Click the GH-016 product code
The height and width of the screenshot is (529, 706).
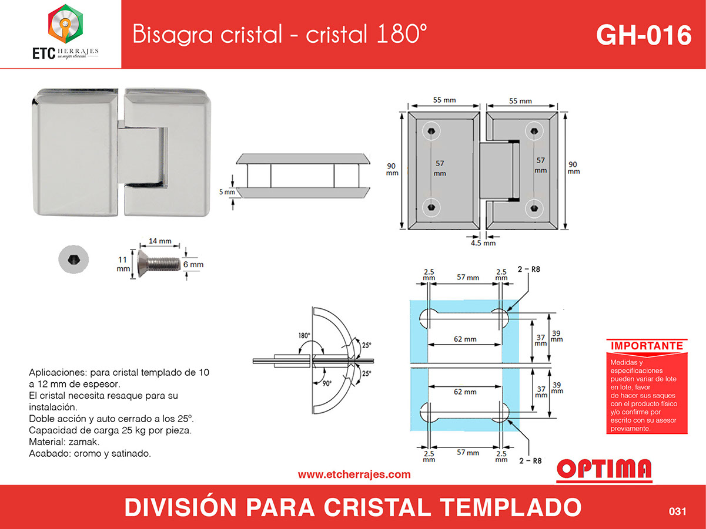tap(644, 35)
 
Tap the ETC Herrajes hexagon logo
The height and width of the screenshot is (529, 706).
tap(66, 23)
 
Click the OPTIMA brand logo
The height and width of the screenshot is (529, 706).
tap(604, 470)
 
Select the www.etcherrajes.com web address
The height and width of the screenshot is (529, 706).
tap(354, 474)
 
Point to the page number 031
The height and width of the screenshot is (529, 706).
tap(677, 511)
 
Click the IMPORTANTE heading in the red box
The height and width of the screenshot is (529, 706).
tap(647, 346)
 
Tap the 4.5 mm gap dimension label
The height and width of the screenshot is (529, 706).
tap(483, 243)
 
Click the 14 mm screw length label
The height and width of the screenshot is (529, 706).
tap(160, 241)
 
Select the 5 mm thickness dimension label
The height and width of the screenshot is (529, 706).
tap(227, 192)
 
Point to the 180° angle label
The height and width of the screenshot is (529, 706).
tap(304, 336)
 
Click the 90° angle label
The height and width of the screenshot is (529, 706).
tap(327, 383)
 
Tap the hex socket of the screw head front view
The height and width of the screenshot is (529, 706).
tap(73, 260)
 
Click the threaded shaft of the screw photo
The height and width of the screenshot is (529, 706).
tap(165, 264)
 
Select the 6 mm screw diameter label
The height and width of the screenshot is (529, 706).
tap(193, 264)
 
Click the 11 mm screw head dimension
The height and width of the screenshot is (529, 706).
tap(123, 264)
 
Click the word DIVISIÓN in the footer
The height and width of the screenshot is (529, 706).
tap(180, 507)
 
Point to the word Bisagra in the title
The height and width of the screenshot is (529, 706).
tap(172, 35)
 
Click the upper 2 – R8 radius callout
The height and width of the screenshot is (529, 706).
tap(529, 269)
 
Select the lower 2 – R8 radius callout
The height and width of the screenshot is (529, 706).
tap(530, 460)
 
